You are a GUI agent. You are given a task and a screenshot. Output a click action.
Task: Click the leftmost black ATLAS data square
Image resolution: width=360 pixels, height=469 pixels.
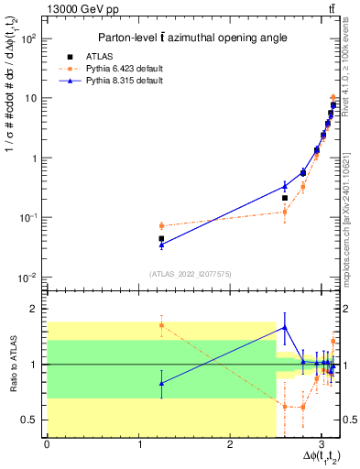[161, 238]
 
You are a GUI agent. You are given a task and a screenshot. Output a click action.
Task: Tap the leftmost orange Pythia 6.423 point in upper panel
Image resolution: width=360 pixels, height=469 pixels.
[161, 225]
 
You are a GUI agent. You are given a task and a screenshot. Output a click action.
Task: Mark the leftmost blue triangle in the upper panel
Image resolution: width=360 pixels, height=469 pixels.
[161, 245]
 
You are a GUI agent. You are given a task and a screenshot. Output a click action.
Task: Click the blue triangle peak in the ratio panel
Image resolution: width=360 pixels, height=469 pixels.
[285, 327]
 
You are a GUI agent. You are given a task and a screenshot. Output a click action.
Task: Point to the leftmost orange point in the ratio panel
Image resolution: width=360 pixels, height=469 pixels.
[161, 325]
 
